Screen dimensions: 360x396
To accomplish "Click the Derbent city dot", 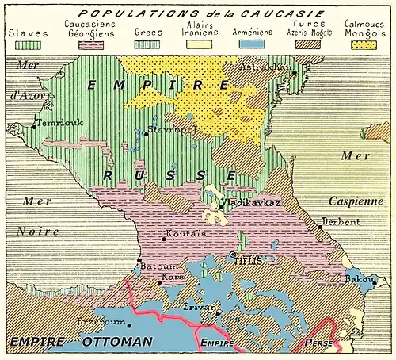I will click(x=320, y=227).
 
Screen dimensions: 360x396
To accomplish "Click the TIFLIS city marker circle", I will click(x=232, y=255).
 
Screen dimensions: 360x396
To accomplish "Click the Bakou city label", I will click(x=361, y=279).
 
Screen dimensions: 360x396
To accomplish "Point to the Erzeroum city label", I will click(x=101, y=322).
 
